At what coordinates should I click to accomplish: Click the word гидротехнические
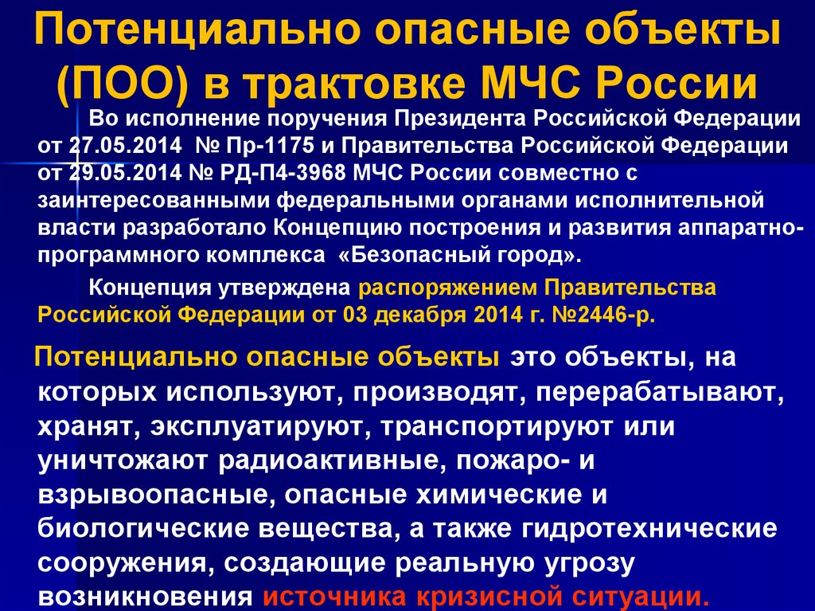pos(636,528)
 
